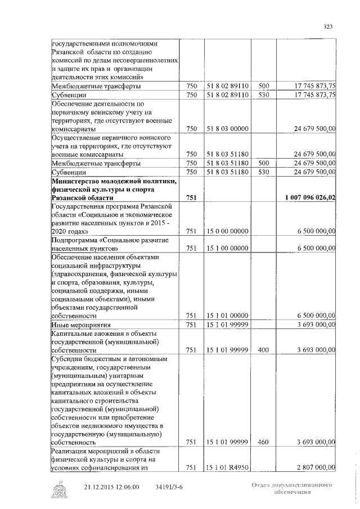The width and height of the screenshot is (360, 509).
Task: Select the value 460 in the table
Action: [x=264, y=442]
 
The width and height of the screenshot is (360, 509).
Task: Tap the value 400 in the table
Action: [x=264, y=350]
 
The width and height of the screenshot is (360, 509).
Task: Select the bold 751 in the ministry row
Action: [x=191, y=197]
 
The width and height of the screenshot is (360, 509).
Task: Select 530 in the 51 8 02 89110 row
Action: [x=264, y=95]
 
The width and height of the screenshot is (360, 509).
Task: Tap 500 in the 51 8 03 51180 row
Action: [x=264, y=163]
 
